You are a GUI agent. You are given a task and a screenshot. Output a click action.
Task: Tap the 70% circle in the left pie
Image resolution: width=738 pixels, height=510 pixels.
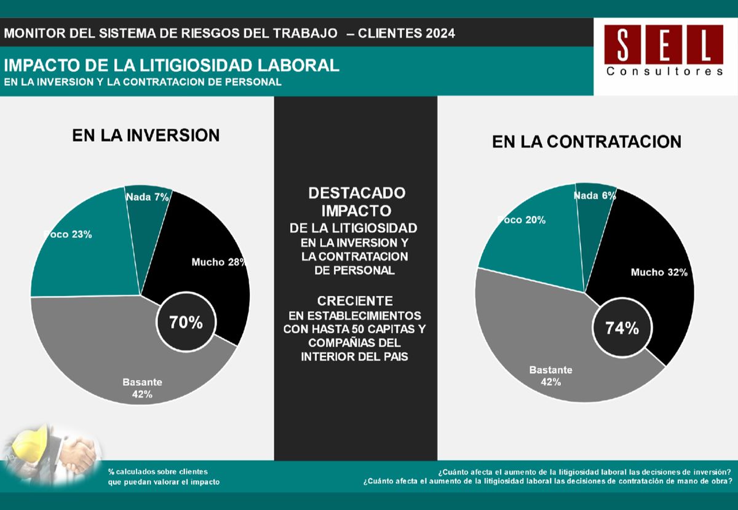tap(186, 322)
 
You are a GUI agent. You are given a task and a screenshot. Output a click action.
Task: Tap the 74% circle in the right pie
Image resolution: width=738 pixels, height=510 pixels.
tap(622, 328)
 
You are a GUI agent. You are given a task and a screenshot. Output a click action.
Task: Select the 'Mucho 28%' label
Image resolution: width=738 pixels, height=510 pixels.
tap(218, 262)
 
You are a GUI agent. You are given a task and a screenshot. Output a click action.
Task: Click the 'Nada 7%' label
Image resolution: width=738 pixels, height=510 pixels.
tap(147, 197)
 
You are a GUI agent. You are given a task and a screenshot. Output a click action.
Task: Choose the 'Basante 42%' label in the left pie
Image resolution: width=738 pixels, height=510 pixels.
tap(142, 388)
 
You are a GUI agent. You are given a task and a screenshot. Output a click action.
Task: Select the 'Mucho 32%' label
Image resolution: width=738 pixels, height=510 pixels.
tap(659, 272)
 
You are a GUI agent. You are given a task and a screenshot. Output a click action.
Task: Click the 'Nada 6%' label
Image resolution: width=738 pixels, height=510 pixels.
tap(595, 195)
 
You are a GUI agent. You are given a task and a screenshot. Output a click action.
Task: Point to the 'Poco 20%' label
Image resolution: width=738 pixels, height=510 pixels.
tap(521, 220)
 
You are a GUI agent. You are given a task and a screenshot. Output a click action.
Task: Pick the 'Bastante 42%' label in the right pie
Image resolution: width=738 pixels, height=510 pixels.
tap(551, 376)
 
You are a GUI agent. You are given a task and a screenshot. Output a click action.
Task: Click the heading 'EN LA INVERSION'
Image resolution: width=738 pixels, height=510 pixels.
tap(146, 135)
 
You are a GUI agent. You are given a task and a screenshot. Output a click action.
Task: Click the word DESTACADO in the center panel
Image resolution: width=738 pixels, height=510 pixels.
tap(356, 193)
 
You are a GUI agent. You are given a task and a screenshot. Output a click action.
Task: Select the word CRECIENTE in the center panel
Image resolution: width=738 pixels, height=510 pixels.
tap(355, 301)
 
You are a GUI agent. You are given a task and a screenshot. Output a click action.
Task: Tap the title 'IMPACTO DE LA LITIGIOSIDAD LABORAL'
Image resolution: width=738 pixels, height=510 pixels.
tap(172, 65)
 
